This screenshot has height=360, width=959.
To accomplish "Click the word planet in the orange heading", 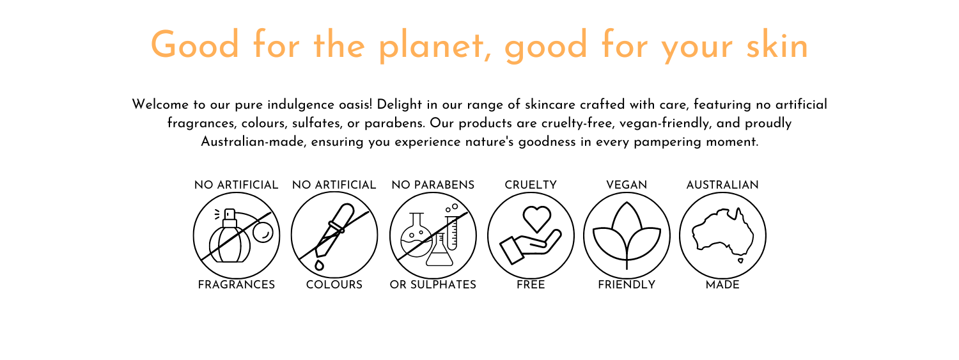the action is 432,46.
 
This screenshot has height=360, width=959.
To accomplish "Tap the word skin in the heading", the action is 777,44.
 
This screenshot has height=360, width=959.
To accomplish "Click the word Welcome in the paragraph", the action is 160,104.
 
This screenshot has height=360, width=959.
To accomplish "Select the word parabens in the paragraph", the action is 394,123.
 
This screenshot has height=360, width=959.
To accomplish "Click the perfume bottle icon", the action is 230,235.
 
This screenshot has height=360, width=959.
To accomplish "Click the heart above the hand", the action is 537,218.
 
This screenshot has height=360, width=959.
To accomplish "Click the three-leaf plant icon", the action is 627,235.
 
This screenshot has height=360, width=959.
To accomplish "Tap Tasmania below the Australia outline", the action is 740,260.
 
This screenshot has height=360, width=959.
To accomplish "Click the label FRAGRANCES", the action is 237,285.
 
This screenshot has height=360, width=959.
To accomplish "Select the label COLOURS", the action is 334,285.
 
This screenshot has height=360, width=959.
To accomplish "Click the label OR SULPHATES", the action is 433,285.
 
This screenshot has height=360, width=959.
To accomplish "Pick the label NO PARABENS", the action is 433,185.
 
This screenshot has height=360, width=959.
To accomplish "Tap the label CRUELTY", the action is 531,185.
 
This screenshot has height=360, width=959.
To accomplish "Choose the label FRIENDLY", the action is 627,285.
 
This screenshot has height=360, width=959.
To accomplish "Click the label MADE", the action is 722,285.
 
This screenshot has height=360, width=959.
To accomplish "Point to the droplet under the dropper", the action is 320,266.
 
